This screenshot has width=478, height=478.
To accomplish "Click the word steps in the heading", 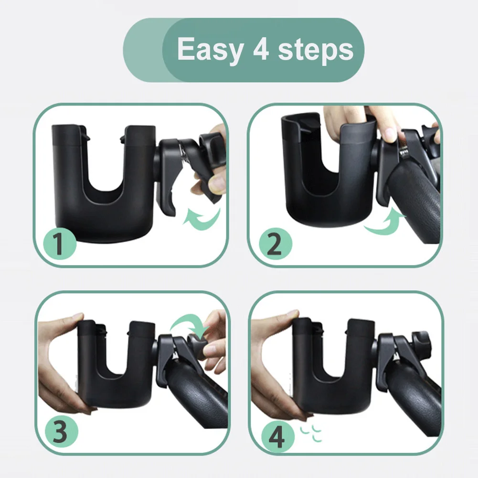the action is click(x=316, y=49).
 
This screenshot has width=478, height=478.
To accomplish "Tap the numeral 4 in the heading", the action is click(x=261, y=49).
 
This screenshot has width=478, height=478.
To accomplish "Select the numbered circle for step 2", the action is click(x=275, y=244).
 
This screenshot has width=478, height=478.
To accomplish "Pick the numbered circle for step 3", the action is click(x=61, y=431).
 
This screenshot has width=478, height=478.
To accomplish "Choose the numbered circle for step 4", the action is click(x=278, y=436).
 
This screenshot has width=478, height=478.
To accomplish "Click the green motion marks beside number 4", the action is click(x=311, y=434).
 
